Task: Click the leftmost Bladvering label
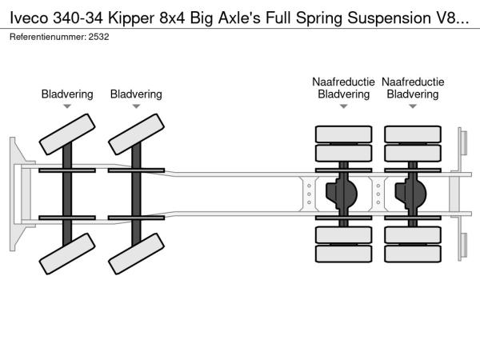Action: [67, 94]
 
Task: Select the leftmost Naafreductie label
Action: [343, 82]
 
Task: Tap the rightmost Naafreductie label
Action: [413, 82]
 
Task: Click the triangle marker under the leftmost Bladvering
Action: [67, 106]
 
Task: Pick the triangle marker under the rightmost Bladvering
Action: [413, 106]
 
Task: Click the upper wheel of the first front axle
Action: [67, 134]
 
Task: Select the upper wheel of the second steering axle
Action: [136, 134]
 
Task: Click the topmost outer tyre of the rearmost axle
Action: [413, 134]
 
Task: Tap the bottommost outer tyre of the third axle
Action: [343, 254]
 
